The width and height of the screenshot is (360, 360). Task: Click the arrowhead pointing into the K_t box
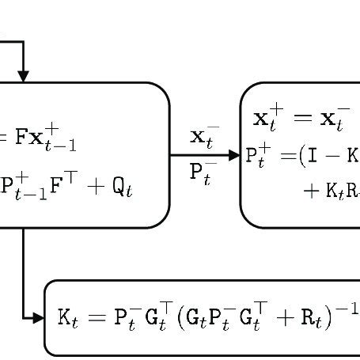point(40,318)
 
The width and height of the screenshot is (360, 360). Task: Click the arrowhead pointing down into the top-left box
point(23,76)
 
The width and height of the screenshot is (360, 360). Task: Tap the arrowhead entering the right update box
point(233,156)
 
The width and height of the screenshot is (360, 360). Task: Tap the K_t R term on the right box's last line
point(341,191)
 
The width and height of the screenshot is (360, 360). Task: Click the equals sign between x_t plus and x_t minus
point(297,120)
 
